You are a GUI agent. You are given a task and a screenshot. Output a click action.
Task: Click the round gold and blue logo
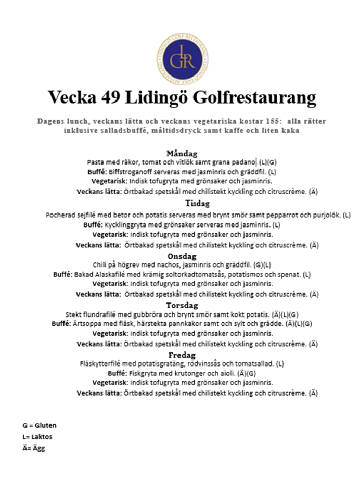(183, 57)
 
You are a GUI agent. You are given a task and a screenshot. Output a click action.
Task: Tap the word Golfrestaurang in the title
(255, 97)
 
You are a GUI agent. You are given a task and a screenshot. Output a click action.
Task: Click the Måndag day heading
(182, 154)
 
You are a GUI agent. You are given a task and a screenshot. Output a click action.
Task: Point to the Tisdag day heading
(182, 204)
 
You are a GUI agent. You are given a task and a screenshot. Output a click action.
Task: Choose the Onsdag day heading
(182, 256)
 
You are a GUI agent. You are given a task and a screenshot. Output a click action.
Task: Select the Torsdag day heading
(182, 305)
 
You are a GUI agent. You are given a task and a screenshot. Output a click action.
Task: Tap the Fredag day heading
(182, 355)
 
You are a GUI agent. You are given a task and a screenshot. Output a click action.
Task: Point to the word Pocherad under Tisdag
(61, 214)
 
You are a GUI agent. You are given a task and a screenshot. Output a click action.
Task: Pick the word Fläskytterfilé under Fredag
(101, 363)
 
